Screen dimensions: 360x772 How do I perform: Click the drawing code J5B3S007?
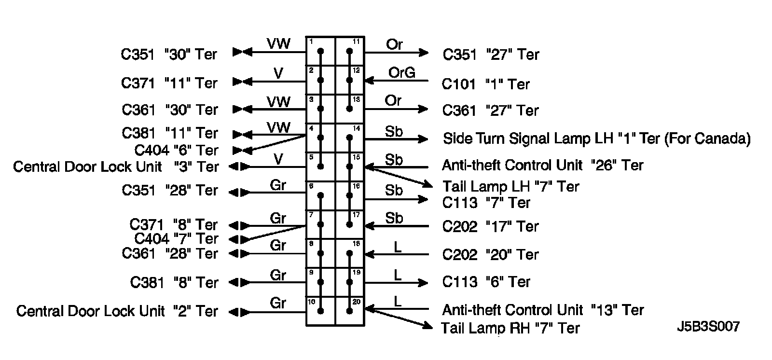(708, 327)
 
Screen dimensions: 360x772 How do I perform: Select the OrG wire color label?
(401, 72)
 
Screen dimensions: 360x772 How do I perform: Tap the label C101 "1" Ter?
(485, 84)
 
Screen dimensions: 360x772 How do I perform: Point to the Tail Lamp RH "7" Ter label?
(510, 329)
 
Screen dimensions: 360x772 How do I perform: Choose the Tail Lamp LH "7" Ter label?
(510, 187)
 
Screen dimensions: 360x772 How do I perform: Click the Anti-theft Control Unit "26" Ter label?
(542, 166)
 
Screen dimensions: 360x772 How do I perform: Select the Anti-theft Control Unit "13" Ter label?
(542, 310)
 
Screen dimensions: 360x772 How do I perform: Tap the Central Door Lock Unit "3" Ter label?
(116, 167)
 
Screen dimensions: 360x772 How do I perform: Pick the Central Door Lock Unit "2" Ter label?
(117, 311)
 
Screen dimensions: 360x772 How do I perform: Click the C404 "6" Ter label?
(176, 150)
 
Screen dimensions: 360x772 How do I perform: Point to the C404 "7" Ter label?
(176, 238)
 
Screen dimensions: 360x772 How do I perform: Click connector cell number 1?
(321, 51)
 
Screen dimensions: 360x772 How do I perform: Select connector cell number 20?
(350, 311)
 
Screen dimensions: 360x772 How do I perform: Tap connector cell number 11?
(350, 51)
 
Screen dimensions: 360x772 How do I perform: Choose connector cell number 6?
(321, 195)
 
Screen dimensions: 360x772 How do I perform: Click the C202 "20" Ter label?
(490, 255)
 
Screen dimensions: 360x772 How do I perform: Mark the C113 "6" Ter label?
(486, 282)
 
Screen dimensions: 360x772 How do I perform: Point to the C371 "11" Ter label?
(169, 83)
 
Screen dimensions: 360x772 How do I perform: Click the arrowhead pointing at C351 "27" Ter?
(424, 52)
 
